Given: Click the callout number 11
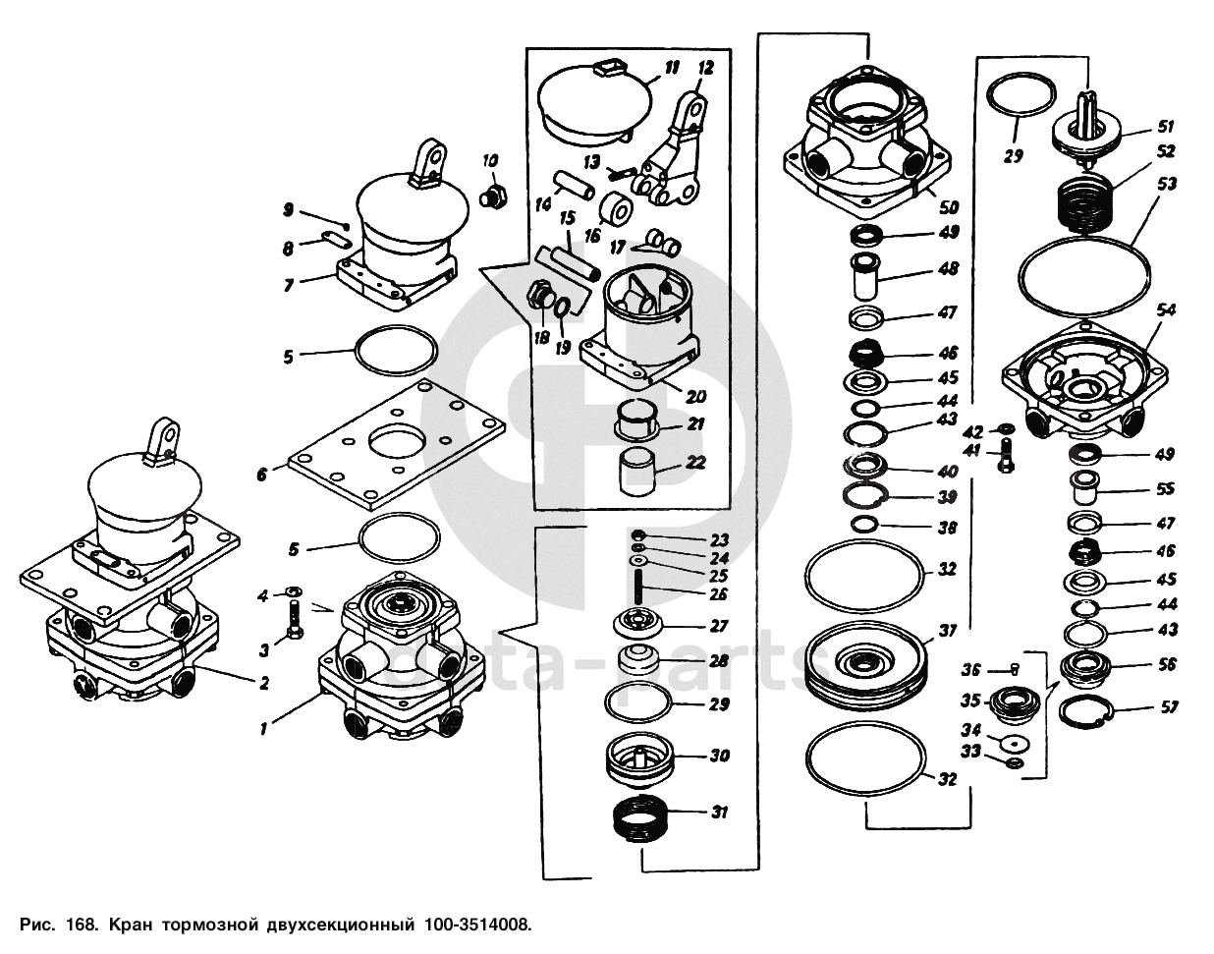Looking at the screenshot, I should tap(672, 67).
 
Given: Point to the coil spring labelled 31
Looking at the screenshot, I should tap(639, 816).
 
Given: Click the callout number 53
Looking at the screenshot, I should tap(1168, 184).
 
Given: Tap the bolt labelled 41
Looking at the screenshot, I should tap(1004, 457).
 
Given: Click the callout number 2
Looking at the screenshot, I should tap(264, 682).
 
